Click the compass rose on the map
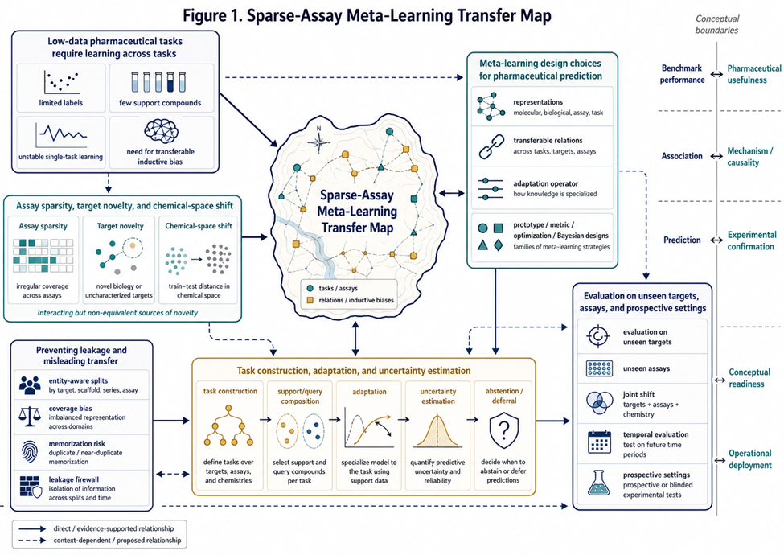(x=318, y=142)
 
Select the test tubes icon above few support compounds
(x=158, y=82)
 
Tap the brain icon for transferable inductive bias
(x=161, y=131)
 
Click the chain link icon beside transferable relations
(x=491, y=146)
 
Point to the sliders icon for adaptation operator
(x=491, y=188)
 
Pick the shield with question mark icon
(x=504, y=430)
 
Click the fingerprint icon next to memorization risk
(x=30, y=451)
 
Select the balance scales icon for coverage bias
(x=30, y=416)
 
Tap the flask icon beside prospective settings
(x=598, y=483)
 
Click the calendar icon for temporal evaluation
(x=599, y=442)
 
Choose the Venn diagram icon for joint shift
(x=599, y=403)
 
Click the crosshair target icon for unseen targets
(x=598, y=336)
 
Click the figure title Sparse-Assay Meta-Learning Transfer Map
(x=367, y=15)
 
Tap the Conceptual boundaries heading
(x=717, y=24)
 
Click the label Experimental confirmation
(x=752, y=240)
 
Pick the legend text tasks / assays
(x=338, y=289)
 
